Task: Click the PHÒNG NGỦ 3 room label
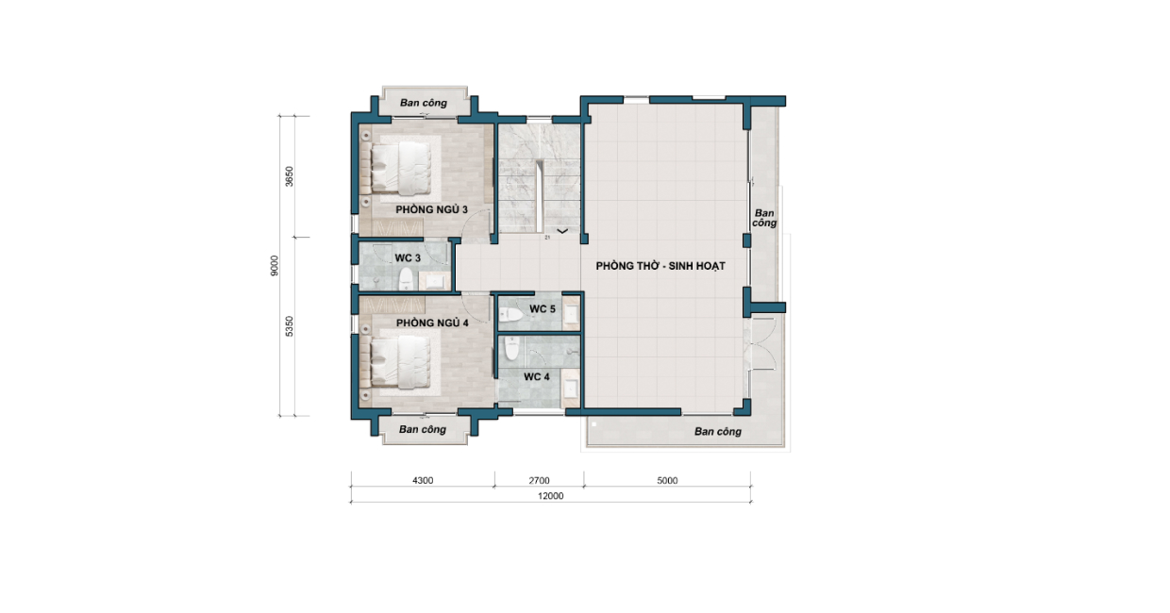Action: pos(431,210)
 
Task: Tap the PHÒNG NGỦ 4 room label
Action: pos(432,323)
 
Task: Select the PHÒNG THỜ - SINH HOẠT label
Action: pos(660,266)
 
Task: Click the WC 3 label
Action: pos(408,258)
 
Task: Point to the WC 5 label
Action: pos(543,309)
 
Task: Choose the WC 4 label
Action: pos(537,376)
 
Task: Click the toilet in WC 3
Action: pos(407,279)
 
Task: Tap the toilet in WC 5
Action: pos(511,314)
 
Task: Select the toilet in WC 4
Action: pos(511,348)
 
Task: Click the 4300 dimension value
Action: pos(423,480)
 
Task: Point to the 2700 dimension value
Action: pos(539,480)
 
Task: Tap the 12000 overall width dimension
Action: pos(550,496)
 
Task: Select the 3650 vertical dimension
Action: pos(290,176)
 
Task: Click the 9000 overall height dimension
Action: pos(275,266)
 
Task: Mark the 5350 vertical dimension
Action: pos(290,326)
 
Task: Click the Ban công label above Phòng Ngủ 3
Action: pos(424,103)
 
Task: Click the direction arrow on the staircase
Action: pos(562,231)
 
